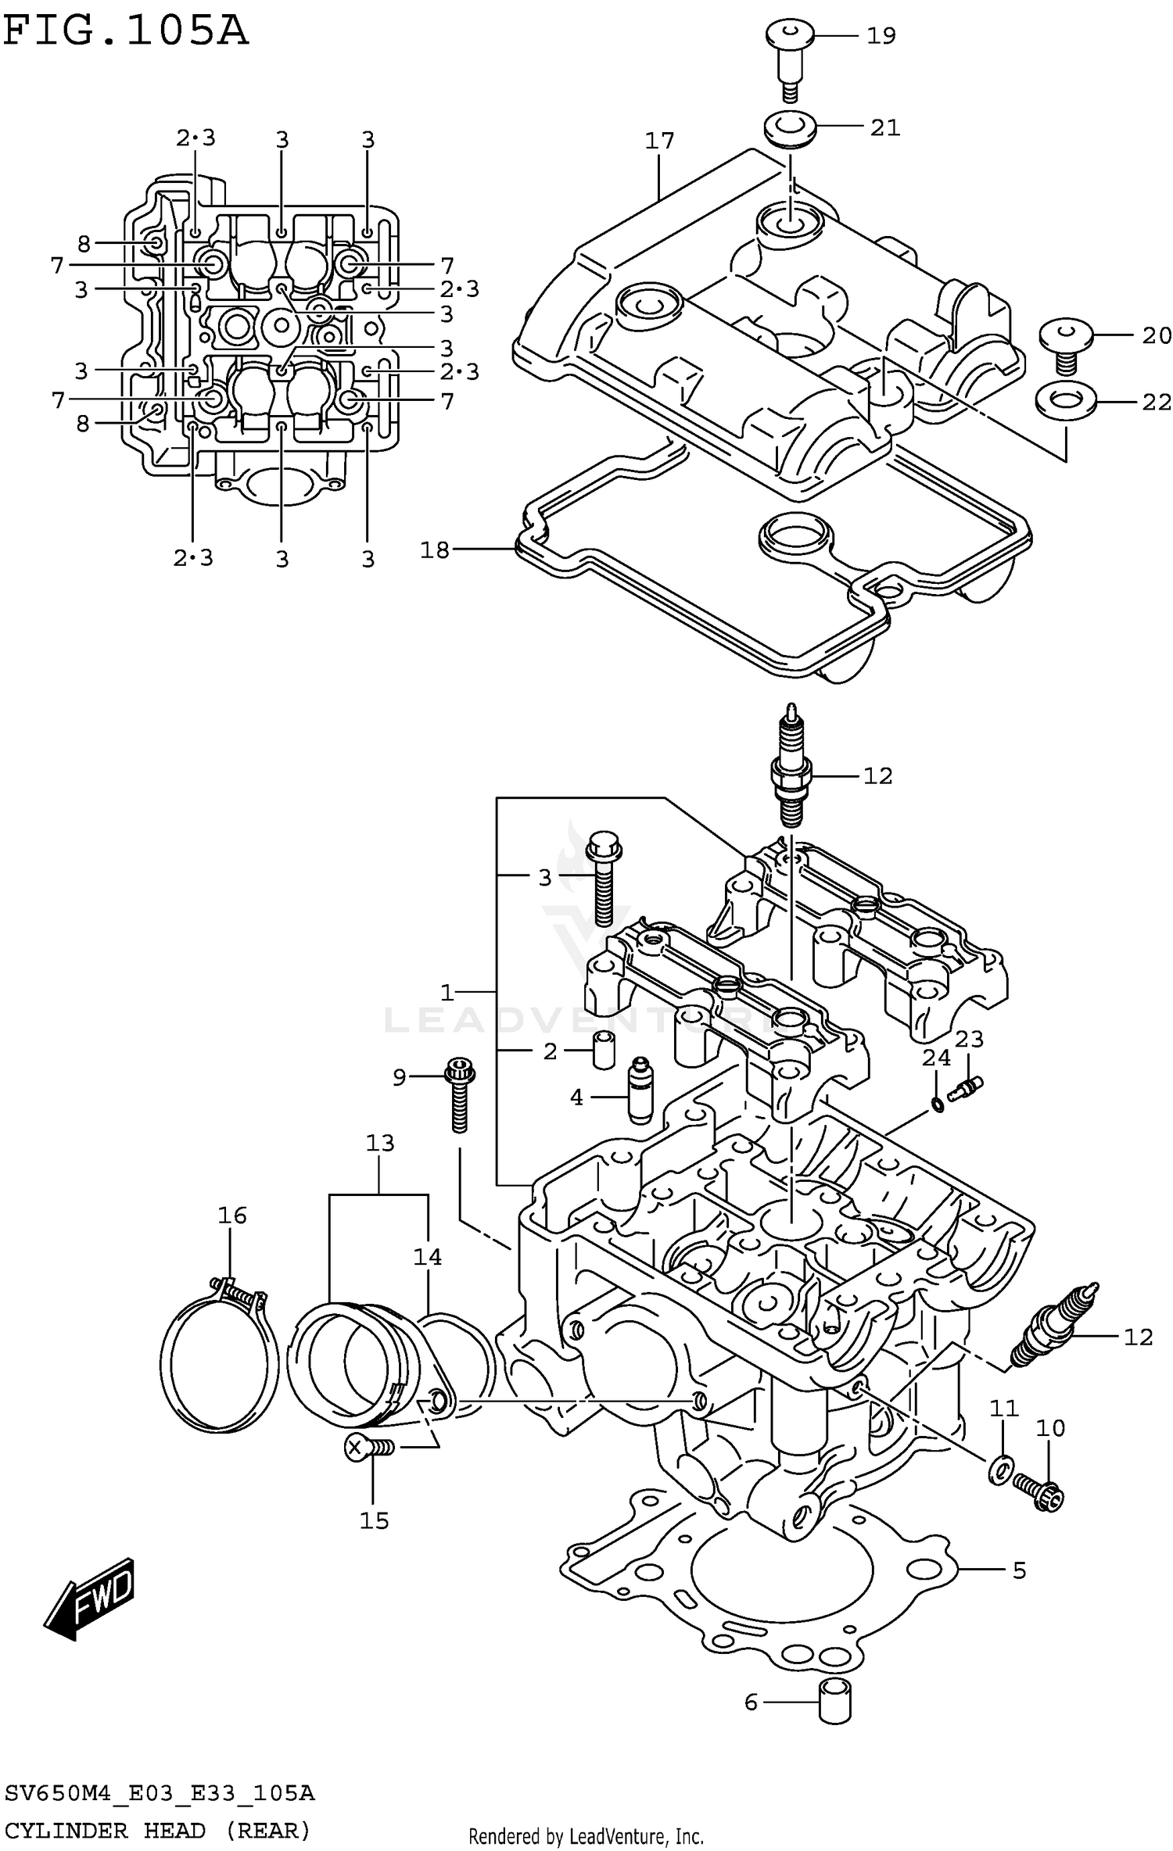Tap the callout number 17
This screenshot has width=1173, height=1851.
click(x=659, y=141)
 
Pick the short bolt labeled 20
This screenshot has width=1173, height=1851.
click(x=1065, y=344)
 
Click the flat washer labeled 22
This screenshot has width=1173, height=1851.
click(x=1064, y=401)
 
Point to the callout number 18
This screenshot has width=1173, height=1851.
click(x=435, y=550)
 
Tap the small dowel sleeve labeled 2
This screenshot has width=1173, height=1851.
click(x=603, y=1050)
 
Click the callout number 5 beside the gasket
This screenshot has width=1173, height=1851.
click(x=1018, y=1570)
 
